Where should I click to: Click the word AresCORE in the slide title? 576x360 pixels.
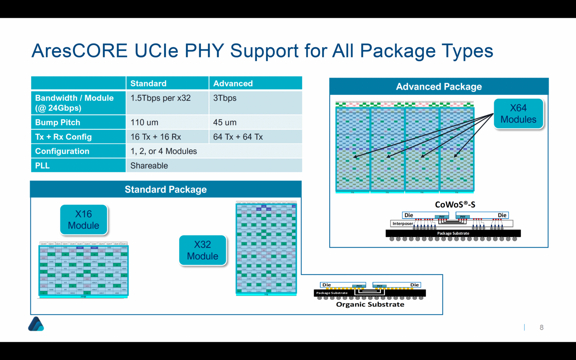pyautogui.click(x=79, y=51)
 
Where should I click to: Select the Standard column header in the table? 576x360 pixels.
pyautogui.click(x=148, y=83)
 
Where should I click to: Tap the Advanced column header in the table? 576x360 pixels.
pyautogui.click(x=233, y=83)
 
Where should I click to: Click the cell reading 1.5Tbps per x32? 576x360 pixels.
pyautogui.click(x=160, y=98)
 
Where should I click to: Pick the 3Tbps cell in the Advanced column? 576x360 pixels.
pyautogui.click(x=225, y=98)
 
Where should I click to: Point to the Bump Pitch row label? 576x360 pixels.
pyautogui.click(x=58, y=123)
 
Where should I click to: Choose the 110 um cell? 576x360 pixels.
pyautogui.click(x=144, y=123)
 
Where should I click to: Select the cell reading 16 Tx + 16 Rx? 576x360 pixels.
pyautogui.click(x=156, y=137)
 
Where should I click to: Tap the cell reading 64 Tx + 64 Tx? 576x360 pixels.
pyautogui.click(x=238, y=137)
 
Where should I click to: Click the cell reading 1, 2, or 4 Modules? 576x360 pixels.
pyautogui.click(x=163, y=151)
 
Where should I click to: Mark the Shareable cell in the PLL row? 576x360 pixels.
pyautogui.click(x=149, y=166)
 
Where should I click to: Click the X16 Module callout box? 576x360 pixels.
pyautogui.click(x=84, y=220)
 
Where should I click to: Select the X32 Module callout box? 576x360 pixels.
pyautogui.click(x=202, y=250)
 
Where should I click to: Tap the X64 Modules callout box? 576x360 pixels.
pyautogui.click(x=518, y=114)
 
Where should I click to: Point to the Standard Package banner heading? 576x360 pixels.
pyautogui.click(x=166, y=189)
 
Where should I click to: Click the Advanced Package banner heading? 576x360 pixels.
pyautogui.click(x=439, y=87)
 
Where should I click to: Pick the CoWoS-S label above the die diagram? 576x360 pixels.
pyautogui.click(x=455, y=204)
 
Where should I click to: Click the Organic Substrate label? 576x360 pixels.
pyautogui.click(x=370, y=304)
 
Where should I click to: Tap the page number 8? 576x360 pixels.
pyautogui.click(x=541, y=327)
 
